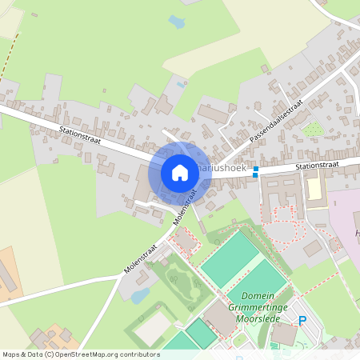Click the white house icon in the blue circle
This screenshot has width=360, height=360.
[180, 172]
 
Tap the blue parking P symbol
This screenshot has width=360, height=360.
[302, 322]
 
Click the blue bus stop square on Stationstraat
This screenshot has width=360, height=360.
[256, 170]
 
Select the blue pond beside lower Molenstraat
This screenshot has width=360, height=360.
[141, 296]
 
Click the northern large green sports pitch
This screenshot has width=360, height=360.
[230, 259]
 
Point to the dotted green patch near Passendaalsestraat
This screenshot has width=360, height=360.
[313, 129]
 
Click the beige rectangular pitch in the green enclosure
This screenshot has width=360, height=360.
[152, 328]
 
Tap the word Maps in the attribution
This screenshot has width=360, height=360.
[12, 354]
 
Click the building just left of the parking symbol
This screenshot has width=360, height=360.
[284, 334]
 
